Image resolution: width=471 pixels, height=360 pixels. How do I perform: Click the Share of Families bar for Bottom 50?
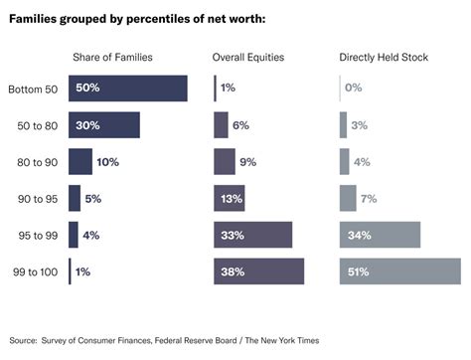(x=127, y=89)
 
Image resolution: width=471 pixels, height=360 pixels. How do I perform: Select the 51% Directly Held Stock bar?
(x=399, y=271)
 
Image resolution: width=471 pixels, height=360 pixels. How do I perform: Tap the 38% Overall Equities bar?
(x=258, y=271)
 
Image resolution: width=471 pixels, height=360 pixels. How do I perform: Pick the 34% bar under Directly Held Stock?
(x=380, y=235)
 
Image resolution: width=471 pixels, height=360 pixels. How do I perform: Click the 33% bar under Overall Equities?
(x=252, y=235)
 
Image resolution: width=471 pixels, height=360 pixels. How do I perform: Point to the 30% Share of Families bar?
(x=103, y=125)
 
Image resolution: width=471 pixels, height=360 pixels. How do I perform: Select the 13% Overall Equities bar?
(x=229, y=198)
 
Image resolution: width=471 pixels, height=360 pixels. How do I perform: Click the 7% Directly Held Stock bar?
(x=348, y=198)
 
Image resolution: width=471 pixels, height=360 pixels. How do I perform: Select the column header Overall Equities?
(x=248, y=58)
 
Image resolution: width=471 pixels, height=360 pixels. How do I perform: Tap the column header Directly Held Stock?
(x=384, y=58)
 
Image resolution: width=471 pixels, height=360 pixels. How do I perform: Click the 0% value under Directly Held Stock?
(x=353, y=89)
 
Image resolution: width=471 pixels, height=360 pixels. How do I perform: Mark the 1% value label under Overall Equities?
(x=228, y=89)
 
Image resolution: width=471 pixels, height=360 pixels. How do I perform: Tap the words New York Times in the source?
(x=292, y=338)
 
